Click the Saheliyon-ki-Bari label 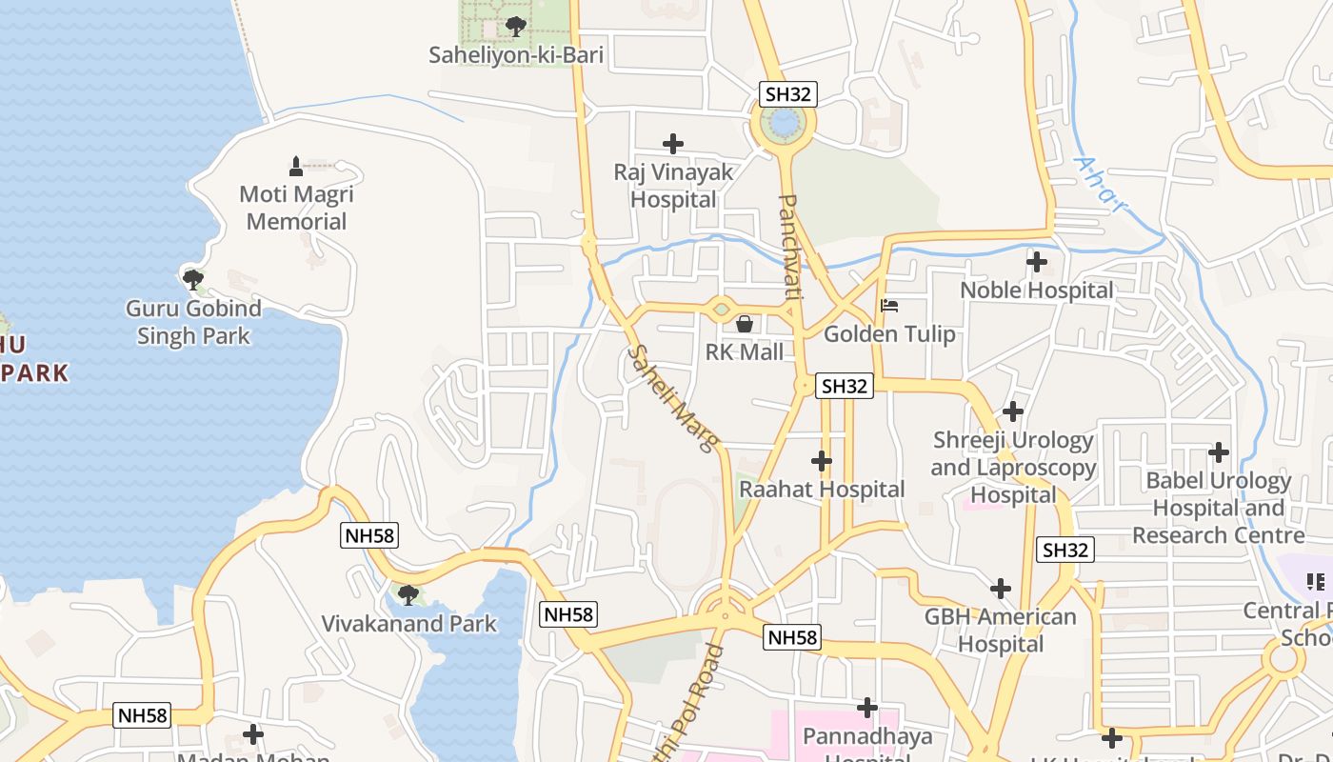click(x=516, y=55)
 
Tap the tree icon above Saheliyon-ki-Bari click(x=515, y=26)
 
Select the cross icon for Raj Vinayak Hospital click(x=673, y=144)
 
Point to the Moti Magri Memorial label click(x=296, y=208)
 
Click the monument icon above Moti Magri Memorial click(x=296, y=166)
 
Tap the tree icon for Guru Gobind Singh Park click(x=193, y=279)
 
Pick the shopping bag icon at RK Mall click(x=745, y=324)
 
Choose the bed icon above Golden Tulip click(x=889, y=306)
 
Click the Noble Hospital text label click(x=1036, y=291)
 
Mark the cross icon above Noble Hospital click(x=1037, y=261)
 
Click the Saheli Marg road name click(x=672, y=398)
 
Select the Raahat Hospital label click(x=822, y=490)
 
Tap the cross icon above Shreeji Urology click(x=1013, y=411)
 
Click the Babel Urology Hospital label click(x=1218, y=508)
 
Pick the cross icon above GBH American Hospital click(x=1001, y=589)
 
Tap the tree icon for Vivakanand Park click(x=408, y=595)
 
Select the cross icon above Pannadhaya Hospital click(x=866, y=708)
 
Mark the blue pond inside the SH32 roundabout click(x=783, y=123)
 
